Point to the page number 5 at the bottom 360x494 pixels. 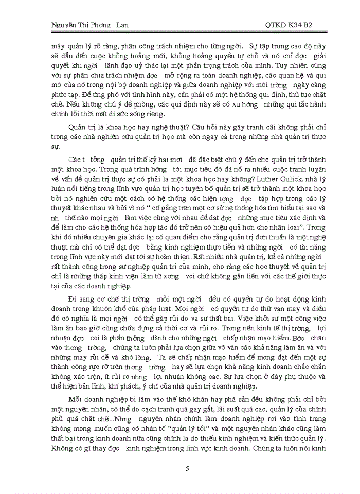[x=187, y=468]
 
